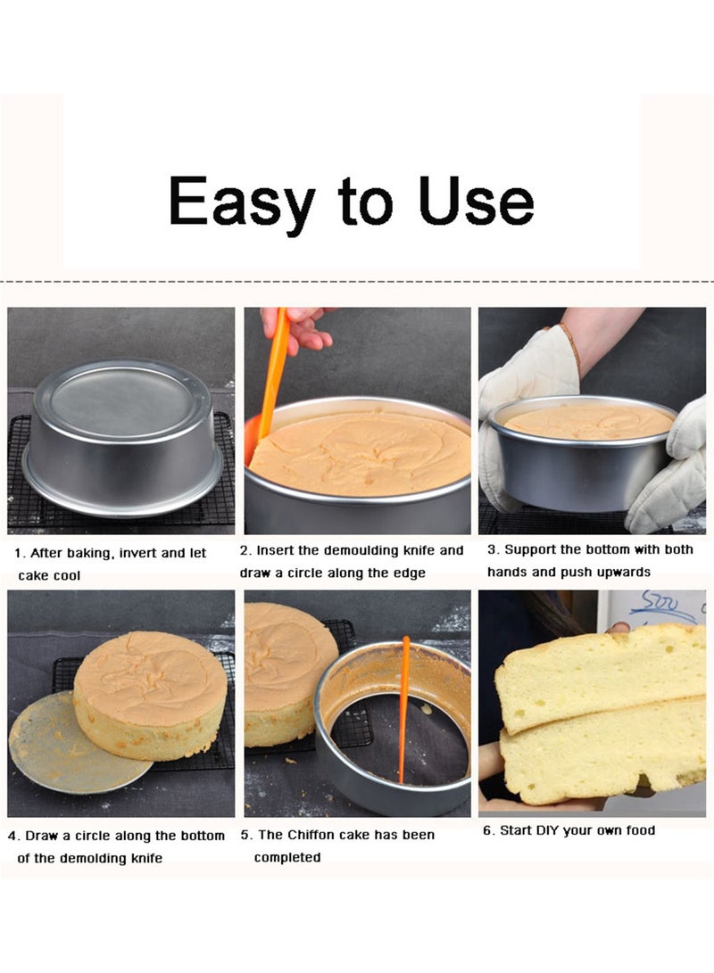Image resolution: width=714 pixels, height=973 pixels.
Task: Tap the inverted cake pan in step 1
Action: coord(122,441)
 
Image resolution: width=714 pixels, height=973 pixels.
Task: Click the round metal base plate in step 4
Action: coord(62,749)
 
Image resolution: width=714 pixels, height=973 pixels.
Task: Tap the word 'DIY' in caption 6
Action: coord(544,830)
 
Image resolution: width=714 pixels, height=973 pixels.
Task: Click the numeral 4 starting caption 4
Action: coord(12,837)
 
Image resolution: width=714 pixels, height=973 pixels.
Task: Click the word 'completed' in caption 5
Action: coord(286,857)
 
